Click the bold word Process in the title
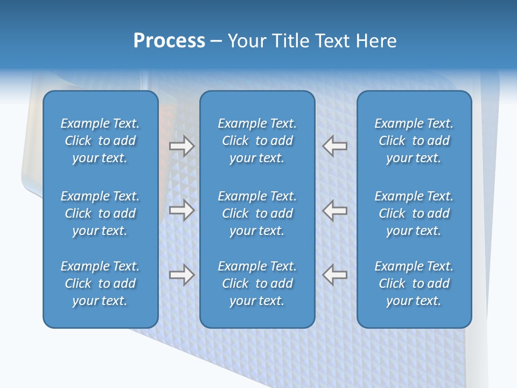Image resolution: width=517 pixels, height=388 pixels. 169,41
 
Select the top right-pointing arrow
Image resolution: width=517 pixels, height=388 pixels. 181,146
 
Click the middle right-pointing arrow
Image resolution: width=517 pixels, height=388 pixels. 181,210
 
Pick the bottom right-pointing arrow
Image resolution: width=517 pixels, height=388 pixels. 181,274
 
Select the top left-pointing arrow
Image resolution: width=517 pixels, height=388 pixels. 335,146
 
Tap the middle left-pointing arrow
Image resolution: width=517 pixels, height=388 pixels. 335,210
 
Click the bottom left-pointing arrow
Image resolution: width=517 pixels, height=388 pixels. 335,274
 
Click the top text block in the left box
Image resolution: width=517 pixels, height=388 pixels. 100,141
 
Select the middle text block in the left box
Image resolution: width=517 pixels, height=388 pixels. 100,213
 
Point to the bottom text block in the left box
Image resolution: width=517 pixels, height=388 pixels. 100,283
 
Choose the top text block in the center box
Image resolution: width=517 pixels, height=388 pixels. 257,141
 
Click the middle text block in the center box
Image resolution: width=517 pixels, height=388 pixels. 257,213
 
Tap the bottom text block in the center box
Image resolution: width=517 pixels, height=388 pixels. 257,283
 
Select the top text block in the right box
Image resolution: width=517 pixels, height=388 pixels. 414,141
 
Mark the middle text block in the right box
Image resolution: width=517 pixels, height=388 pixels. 414,213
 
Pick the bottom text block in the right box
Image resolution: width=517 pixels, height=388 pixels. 414,283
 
